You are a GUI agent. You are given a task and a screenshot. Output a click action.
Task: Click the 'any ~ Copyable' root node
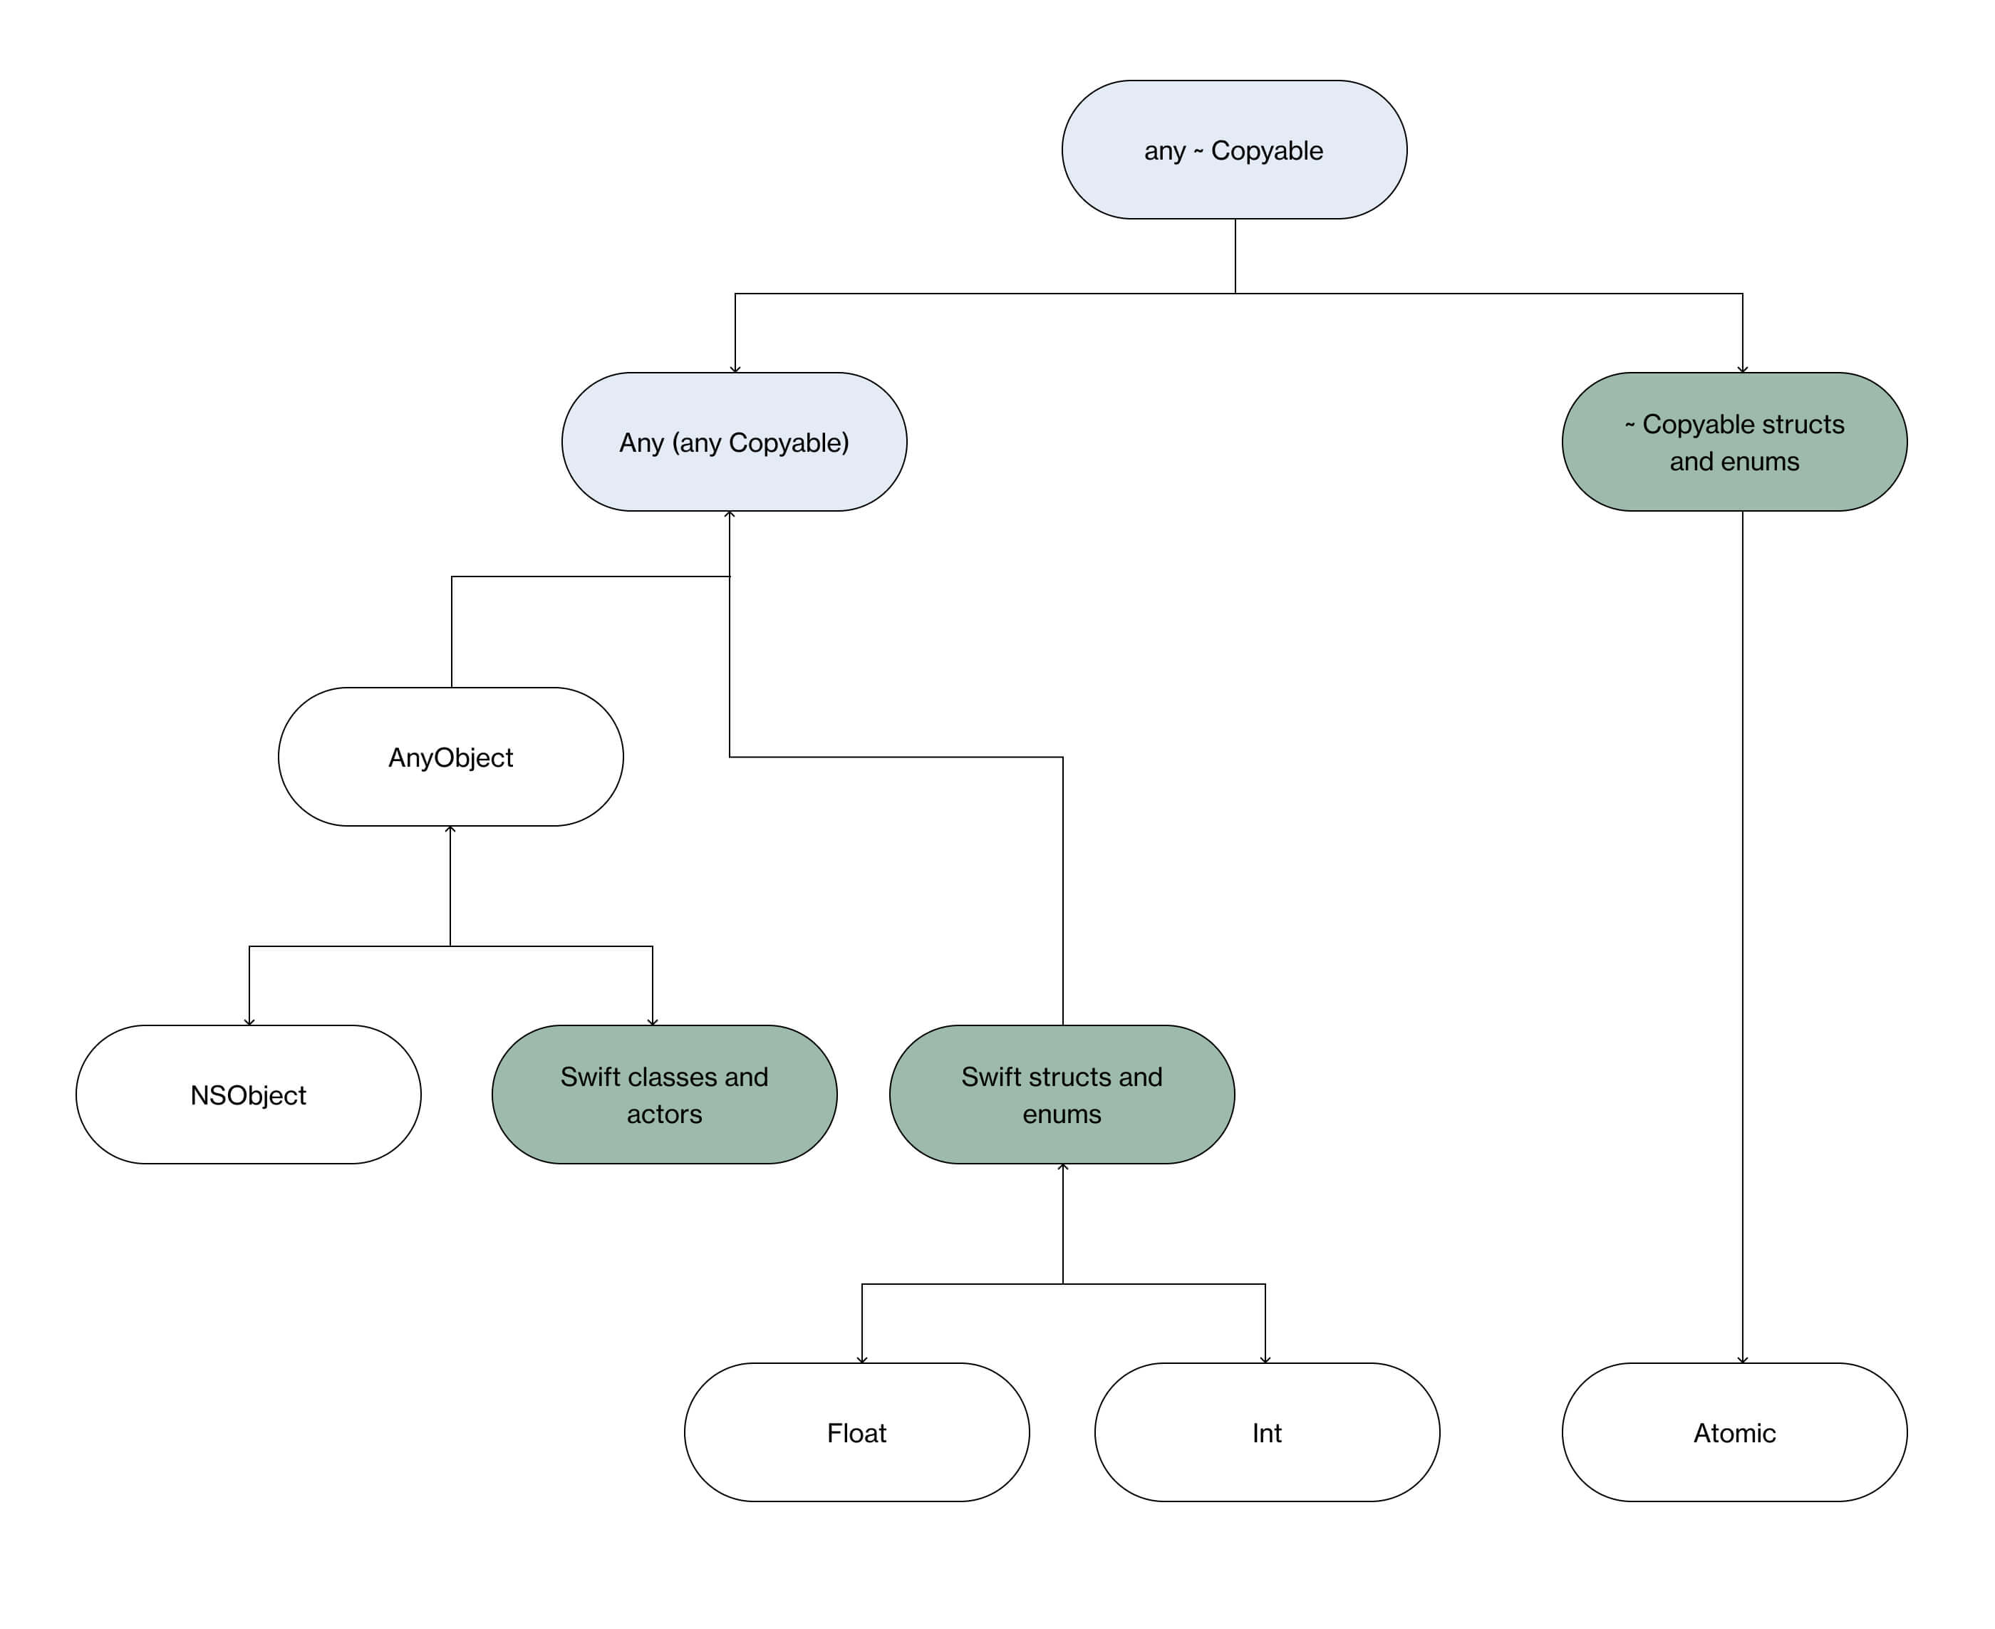pyautogui.click(x=1233, y=150)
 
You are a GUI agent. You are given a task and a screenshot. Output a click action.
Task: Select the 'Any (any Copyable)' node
pyautogui.click(x=734, y=442)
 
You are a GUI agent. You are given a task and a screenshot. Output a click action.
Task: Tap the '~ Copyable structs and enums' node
pyautogui.click(x=1734, y=442)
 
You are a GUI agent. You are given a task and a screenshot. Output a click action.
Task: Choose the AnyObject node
pyautogui.click(x=450, y=757)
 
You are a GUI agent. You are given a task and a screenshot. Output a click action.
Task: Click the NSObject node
pyautogui.click(x=248, y=1095)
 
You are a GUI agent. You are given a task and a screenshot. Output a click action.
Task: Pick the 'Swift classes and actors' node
pyautogui.click(x=663, y=1095)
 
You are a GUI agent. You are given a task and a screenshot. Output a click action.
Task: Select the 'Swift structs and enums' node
pyautogui.click(x=1062, y=1095)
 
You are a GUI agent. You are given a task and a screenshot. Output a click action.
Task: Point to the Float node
pyautogui.click(x=856, y=1433)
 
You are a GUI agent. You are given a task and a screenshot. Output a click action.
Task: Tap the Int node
pyautogui.click(x=1266, y=1433)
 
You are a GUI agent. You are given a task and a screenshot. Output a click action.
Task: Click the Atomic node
pyautogui.click(x=1734, y=1433)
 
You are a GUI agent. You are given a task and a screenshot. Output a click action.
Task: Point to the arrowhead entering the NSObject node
pyautogui.click(x=249, y=1022)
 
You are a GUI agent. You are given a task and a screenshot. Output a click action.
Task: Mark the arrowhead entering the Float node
pyautogui.click(x=861, y=1360)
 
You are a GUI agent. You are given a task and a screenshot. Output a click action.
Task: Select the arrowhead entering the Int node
pyautogui.click(x=1265, y=1360)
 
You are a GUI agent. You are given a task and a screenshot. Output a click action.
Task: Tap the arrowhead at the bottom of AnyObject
pyautogui.click(x=450, y=829)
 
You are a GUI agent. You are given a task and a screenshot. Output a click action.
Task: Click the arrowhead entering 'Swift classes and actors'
pyautogui.click(x=652, y=1022)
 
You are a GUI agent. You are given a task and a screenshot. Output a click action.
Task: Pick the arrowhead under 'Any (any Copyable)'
pyautogui.click(x=729, y=514)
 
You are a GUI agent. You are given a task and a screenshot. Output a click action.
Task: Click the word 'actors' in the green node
pyautogui.click(x=663, y=1114)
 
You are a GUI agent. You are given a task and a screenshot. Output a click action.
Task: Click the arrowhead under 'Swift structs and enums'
pyautogui.click(x=1062, y=1167)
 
